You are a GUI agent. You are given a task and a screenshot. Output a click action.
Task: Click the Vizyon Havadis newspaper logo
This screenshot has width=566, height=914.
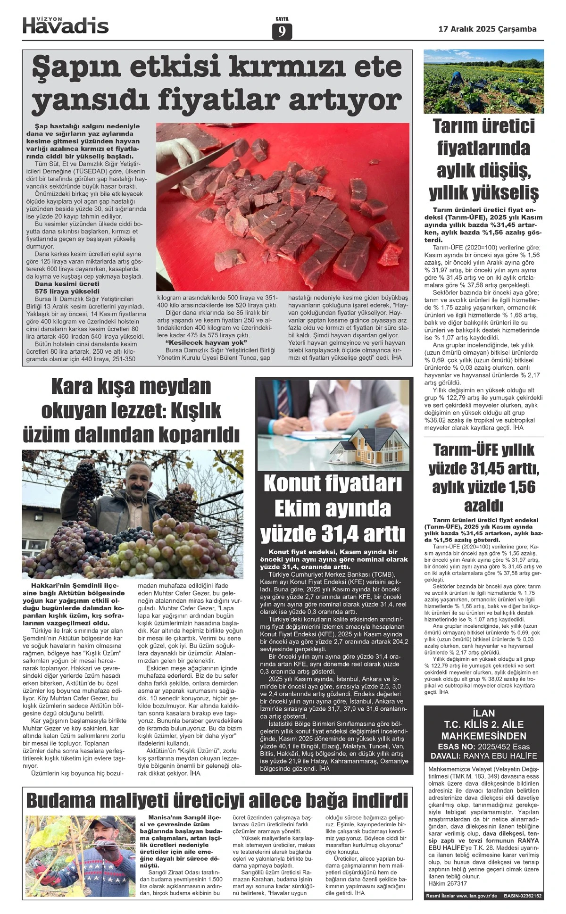point(66,25)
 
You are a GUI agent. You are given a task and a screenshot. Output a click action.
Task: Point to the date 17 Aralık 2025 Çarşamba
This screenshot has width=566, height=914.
point(487,29)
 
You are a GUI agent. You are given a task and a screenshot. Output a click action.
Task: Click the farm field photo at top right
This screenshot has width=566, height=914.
point(483,81)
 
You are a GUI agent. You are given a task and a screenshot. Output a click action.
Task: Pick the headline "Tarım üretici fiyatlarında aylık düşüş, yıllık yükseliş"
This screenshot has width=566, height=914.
point(483,159)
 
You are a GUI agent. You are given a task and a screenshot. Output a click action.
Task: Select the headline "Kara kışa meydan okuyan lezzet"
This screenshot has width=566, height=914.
point(131,410)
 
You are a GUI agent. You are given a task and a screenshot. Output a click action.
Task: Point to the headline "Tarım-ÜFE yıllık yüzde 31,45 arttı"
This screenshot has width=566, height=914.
point(483,477)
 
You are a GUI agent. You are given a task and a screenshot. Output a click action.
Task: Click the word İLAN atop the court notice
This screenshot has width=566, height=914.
point(483,713)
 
